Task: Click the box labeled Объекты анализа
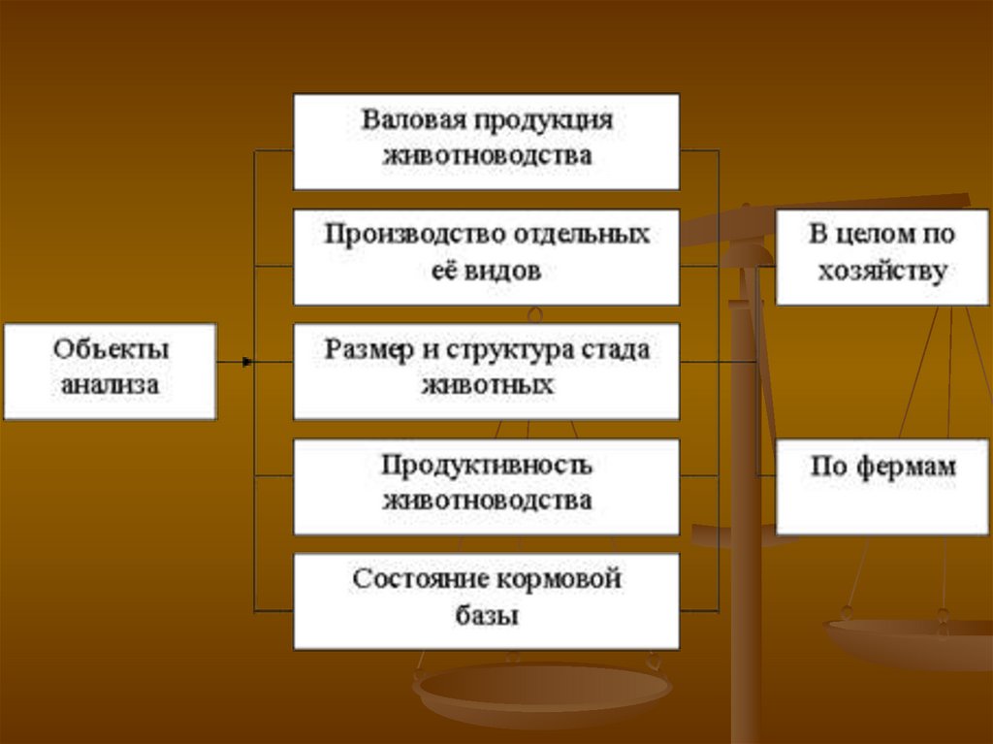(110, 371)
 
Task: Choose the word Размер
(366, 350)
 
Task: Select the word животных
(487, 384)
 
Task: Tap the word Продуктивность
(486, 466)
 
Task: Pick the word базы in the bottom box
(486, 615)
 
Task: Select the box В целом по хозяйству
(881, 257)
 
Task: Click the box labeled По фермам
(881, 486)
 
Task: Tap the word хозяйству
(881, 273)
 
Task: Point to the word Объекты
(110, 350)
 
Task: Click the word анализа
(110, 385)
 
